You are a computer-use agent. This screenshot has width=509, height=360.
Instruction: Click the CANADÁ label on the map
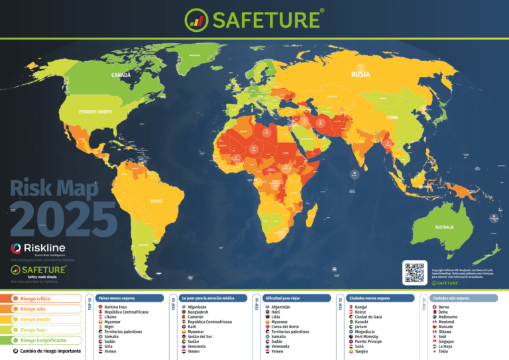[x=121, y=75]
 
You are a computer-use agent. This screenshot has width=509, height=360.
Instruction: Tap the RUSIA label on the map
[x=360, y=75]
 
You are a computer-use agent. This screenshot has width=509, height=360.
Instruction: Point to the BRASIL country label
[x=156, y=200]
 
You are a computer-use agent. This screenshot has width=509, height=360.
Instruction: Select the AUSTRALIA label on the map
[x=444, y=227]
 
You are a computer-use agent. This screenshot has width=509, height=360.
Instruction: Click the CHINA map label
[x=392, y=117]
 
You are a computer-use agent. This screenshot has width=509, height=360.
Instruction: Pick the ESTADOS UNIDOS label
[x=95, y=112]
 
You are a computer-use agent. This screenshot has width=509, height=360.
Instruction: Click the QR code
[x=414, y=272]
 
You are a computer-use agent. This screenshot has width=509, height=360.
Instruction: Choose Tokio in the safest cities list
[x=443, y=351]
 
